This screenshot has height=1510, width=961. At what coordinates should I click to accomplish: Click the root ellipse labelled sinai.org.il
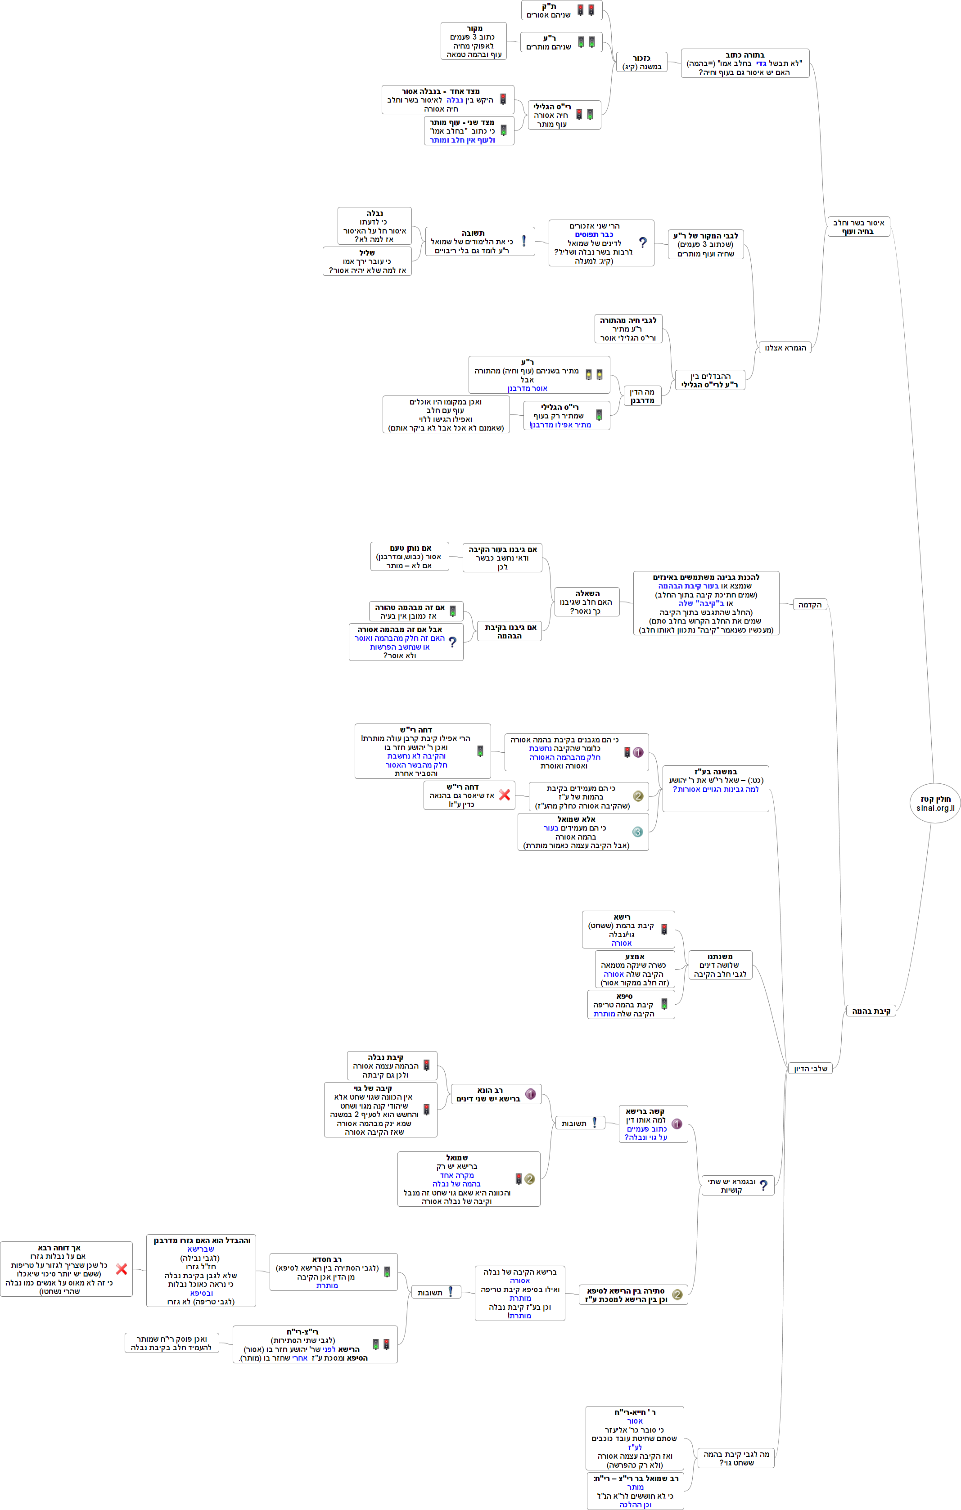pos(934,803)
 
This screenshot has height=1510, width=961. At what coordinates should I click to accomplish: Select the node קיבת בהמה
pos(871,1011)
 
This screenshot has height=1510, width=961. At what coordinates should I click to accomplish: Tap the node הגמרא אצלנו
pos(785,347)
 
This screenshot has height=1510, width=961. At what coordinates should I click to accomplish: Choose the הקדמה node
pos(810,605)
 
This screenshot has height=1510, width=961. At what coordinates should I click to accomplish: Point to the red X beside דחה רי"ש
pos(504,795)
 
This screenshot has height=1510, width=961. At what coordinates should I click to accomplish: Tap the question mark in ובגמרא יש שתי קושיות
pos(763,1185)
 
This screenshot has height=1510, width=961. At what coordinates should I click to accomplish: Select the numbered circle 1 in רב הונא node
pos(530,1094)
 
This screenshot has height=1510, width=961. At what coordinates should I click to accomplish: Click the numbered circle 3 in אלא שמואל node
pos(637,831)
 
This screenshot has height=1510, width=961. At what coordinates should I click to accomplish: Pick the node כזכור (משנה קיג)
pos(642,62)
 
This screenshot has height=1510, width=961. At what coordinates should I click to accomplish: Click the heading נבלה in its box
pos(374,213)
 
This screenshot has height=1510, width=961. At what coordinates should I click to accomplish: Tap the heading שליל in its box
pos(367,253)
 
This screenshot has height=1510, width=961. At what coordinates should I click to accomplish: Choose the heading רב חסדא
pos(327,1259)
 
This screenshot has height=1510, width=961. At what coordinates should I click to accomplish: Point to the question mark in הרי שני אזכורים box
pos(642,243)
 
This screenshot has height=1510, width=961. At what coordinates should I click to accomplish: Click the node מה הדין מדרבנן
pos(642,395)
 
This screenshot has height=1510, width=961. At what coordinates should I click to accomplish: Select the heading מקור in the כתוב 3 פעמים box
pos(474,28)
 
